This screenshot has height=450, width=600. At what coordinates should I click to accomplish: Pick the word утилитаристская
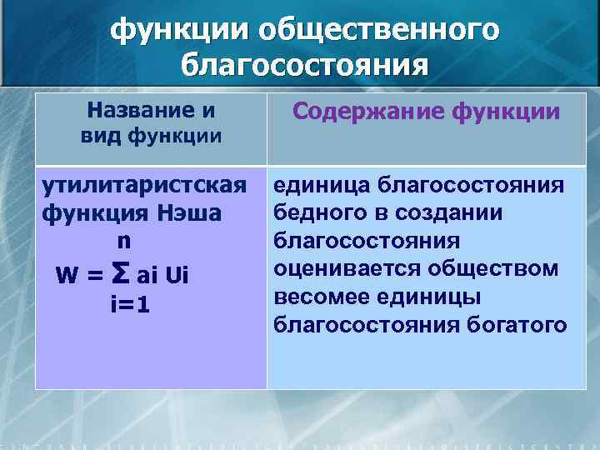144,184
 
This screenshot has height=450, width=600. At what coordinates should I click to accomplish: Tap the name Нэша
192,212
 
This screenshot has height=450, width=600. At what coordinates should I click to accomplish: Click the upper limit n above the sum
122,240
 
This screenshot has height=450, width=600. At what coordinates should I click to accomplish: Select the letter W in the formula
66,274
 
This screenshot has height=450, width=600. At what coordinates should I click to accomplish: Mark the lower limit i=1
130,306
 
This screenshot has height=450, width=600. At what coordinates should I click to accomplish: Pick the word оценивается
340,268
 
